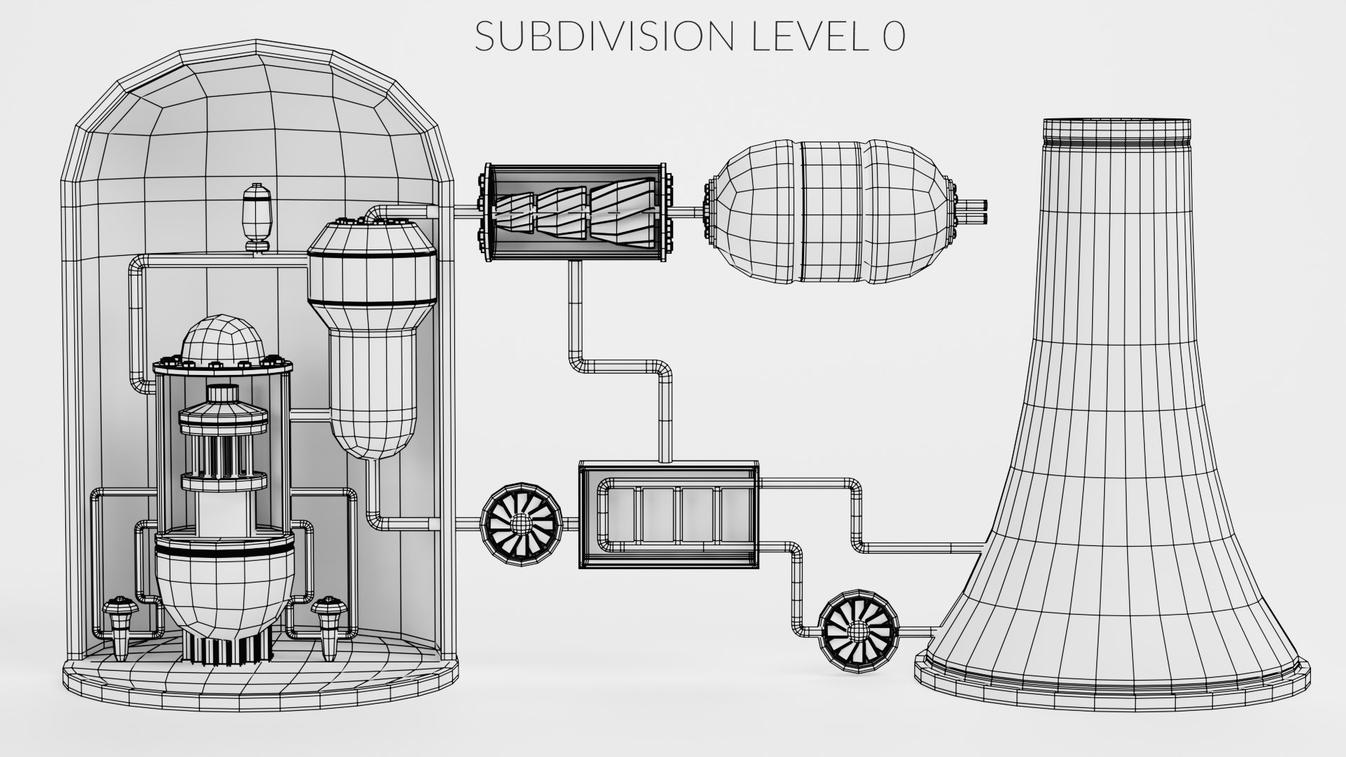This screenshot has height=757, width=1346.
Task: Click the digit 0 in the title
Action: click(x=893, y=36)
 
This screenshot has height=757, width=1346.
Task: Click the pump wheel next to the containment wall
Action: click(x=520, y=522)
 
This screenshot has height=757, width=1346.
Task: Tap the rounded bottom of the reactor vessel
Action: click(x=215, y=594)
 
